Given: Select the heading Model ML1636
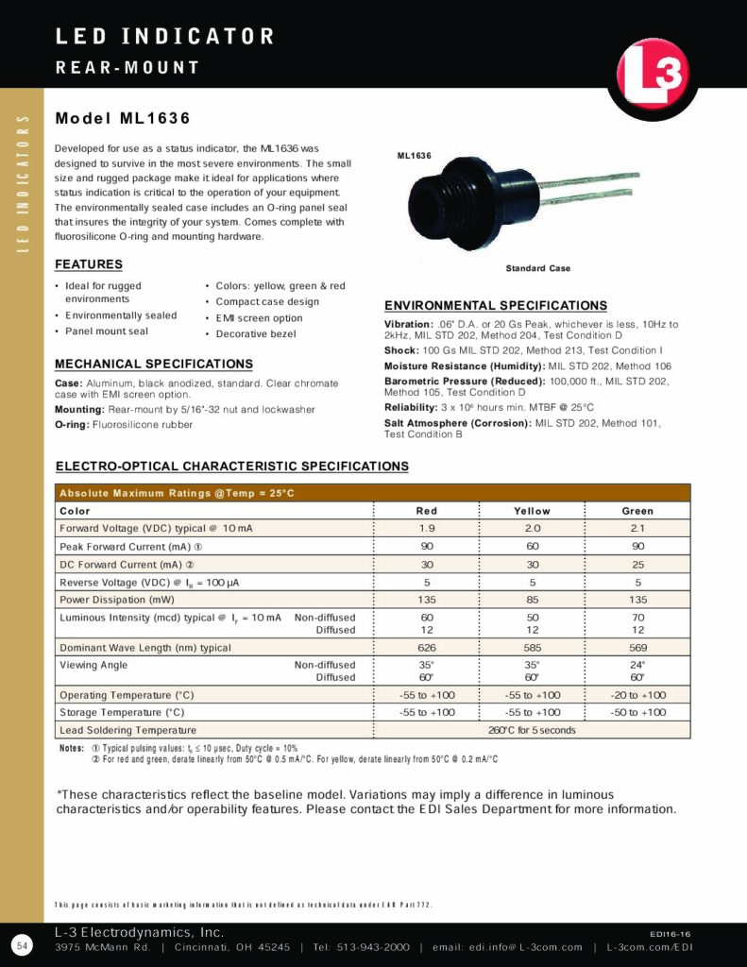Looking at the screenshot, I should [123, 119].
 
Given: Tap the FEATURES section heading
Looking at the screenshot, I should [89, 264].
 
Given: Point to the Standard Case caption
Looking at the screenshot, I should [537, 269].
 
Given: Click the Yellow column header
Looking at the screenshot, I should [532, 511].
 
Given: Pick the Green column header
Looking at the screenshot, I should [637, 511].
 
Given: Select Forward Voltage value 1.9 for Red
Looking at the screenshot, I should [427, 529].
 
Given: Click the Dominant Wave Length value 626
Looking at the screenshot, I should [427, 648].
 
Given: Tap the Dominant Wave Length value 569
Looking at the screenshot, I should [637, 648].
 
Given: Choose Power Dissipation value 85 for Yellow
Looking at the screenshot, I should [532, 600].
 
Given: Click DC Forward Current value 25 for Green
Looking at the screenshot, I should [637, 565].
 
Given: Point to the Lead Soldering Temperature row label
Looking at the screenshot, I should [127, 730].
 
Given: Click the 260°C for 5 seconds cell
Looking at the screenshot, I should [532, 730].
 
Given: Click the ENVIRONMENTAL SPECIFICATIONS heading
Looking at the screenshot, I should [496, 306].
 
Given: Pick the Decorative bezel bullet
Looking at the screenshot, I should [255, 333].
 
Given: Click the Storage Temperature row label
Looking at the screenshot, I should [122, 712].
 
